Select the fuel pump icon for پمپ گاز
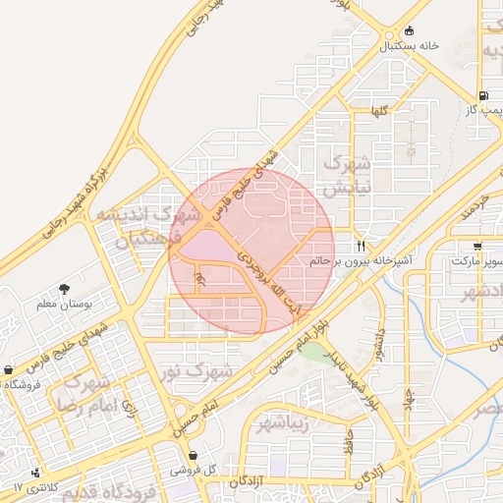(482, 96)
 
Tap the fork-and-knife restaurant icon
(363, 245)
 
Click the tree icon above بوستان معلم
(65, 290)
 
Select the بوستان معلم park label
(63, 306)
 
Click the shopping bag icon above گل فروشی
(193, 456)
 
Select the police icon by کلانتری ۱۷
(36, 473)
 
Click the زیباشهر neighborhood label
(283, 423)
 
